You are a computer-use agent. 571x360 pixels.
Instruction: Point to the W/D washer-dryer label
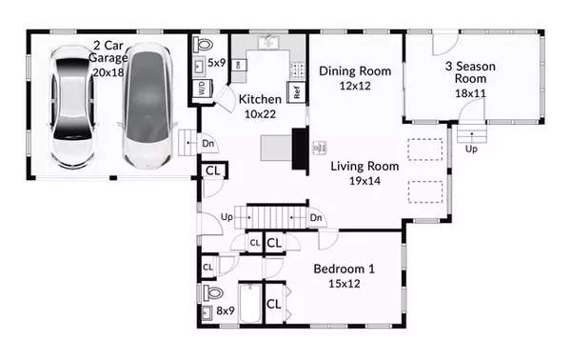(x=203, y=89)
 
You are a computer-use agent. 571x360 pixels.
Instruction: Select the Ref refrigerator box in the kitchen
(x=297, y=93)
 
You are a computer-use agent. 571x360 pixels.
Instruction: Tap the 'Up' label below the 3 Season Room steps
(x=471, y=149)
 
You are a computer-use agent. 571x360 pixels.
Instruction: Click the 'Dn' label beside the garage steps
(x=207, y=144)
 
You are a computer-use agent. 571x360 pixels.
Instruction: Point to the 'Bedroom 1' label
(x=345, y=270)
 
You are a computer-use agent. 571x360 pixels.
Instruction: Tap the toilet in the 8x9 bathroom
(x=212, y=292)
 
